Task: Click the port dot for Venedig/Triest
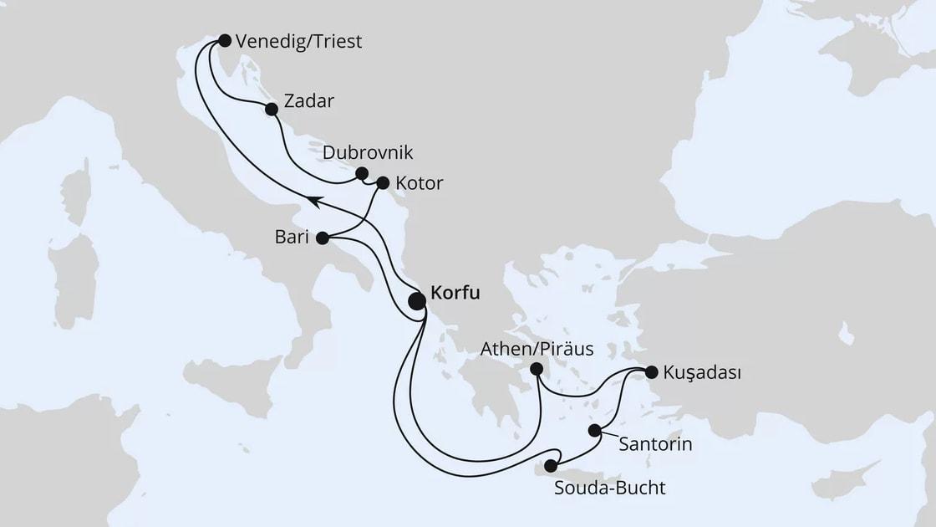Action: (x=224, y=39)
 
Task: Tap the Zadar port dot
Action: (x=271, y=109)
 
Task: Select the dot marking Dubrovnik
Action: (x=361, y=173)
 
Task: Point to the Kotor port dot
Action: (x=384, y=182)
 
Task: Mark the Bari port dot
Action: (x=322, y=238)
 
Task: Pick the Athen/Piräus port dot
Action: (x=537, y=369)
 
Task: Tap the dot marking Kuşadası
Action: (x=652, y=372)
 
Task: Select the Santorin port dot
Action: (x=594, y=431)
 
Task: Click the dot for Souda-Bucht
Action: (x=551, y=466)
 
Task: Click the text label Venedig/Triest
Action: (x=299, y=41)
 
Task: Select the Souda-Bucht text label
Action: (x=610, y=488)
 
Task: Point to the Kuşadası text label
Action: (x=703, y=372)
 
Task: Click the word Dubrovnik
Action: (x=368, y=153)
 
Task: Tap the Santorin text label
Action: (x=656, y=444)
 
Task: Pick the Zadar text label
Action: (x=309, y=102)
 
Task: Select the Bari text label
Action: (x=291, y=238)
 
